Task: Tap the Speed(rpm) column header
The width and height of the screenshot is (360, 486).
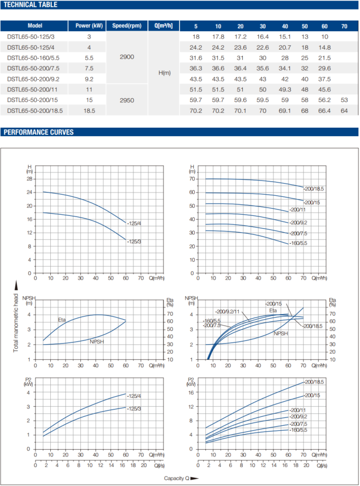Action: (127, 26)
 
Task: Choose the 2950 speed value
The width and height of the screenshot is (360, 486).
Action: (127, 100)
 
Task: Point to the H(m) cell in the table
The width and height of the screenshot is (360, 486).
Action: (165, 73)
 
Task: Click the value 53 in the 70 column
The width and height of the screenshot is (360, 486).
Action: (344, 100)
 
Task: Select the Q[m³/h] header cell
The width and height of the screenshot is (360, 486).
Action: (165, 26)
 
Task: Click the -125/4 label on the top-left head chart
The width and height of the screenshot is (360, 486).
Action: (134, 223)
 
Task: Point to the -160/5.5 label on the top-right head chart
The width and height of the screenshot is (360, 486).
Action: (299, 243)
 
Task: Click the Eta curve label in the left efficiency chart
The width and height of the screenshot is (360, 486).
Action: (61, 320)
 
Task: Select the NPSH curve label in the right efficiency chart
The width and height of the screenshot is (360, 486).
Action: (281, 333)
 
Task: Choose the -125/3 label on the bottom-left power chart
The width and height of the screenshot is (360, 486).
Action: (134, 409)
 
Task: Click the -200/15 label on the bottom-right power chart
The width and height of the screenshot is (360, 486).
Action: (312, 395)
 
